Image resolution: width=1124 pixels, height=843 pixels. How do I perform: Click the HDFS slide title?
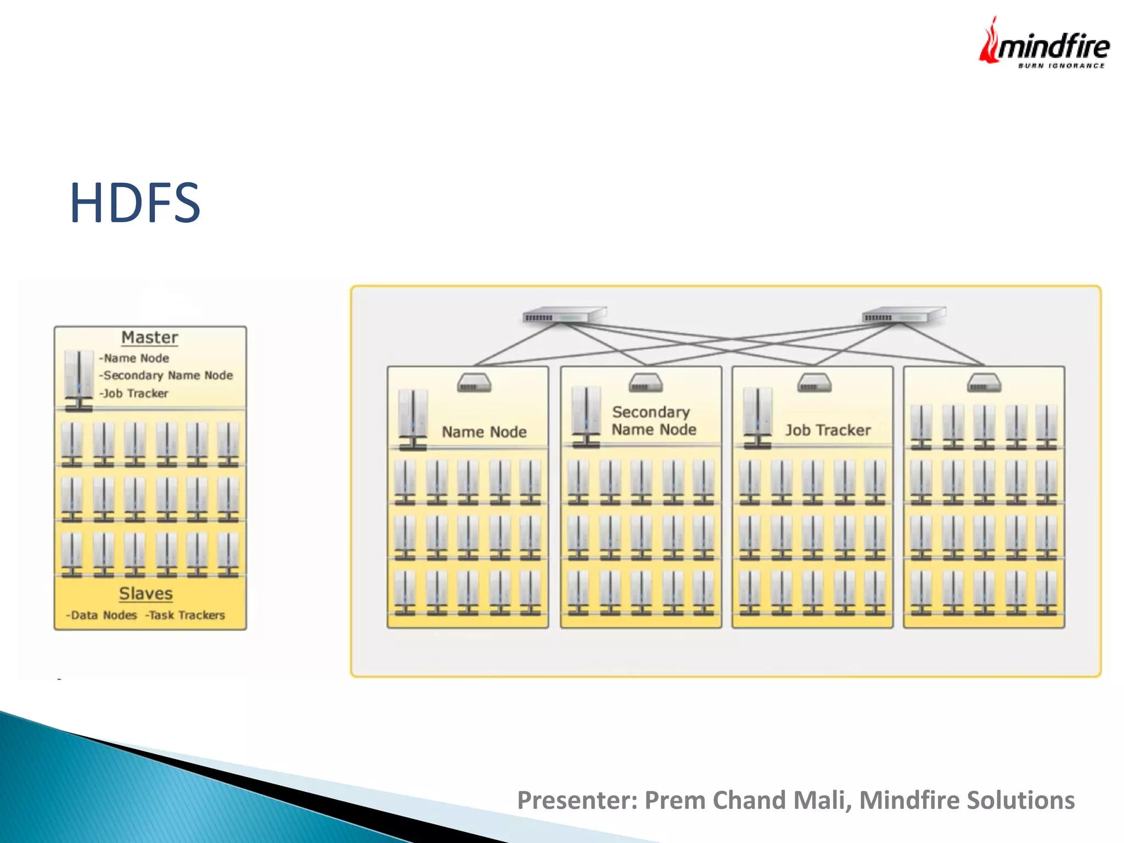point(135,203)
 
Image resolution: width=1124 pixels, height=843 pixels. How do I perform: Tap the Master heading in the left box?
point(149,337)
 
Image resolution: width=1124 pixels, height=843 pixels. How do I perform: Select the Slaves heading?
point(145,593)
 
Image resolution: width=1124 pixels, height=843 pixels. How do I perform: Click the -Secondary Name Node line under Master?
point(166,375)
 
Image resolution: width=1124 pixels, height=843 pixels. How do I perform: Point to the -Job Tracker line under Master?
point(133,394)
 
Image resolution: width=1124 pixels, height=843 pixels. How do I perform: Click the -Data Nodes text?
point(102,615)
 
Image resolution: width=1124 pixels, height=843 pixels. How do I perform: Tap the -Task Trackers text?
point(185,615)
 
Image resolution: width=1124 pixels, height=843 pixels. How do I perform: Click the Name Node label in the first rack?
point(484,432)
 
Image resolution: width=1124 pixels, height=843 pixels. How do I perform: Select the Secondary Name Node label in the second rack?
point(653,420)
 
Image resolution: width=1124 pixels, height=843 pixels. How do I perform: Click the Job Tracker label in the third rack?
point(828,430)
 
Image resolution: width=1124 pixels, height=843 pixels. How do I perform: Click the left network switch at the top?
point(564,315)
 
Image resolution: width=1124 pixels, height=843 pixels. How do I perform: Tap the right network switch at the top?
point(903,315)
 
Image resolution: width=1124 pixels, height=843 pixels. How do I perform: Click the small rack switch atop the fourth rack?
point(983,383)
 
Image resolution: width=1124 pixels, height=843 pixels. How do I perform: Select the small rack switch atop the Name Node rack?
point(474,383)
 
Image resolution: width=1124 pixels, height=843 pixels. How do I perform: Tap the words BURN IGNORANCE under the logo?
point(1061,66)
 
